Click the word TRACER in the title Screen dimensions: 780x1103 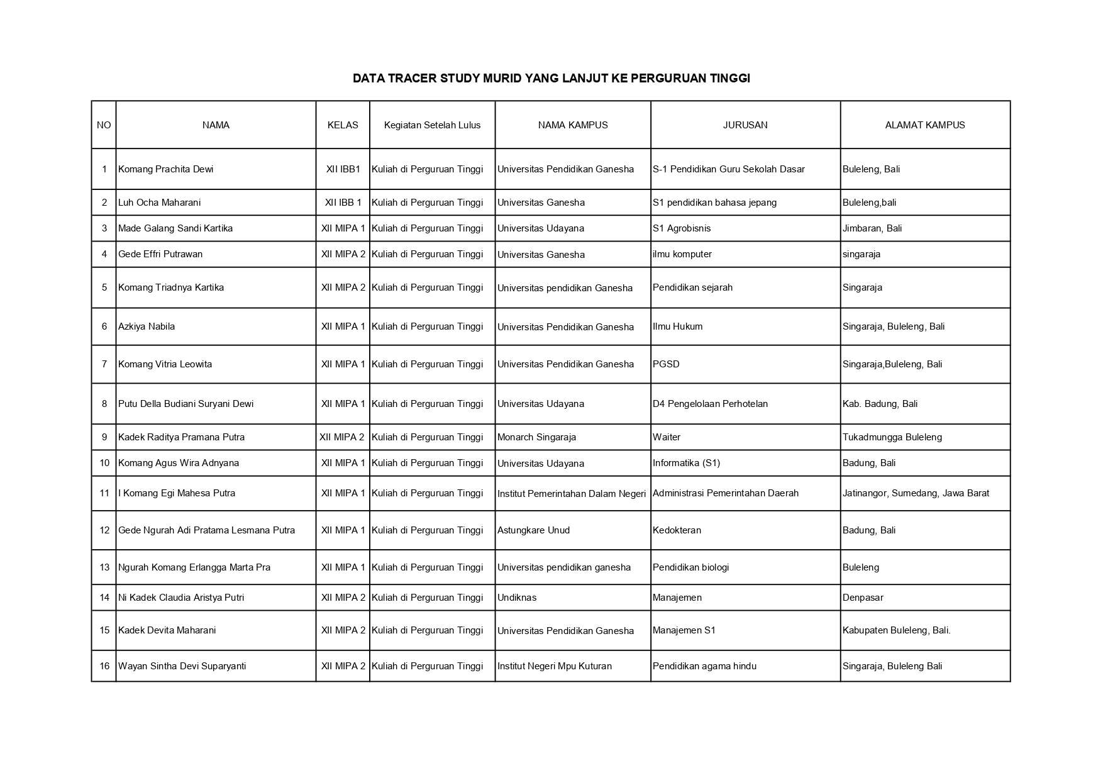414,79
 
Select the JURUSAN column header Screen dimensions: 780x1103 745,125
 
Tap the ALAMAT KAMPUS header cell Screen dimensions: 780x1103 924,125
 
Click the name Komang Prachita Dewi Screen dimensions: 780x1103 165,169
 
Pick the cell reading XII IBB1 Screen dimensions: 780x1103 343,169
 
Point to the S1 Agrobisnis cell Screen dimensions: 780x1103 682,228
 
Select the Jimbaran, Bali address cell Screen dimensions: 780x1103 872,228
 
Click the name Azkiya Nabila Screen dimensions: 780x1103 147,326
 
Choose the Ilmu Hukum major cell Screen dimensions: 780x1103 677,326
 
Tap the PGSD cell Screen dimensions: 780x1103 666,364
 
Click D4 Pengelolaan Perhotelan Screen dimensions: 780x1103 710,404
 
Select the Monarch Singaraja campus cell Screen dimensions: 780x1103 536,437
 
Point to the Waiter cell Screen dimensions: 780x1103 666,437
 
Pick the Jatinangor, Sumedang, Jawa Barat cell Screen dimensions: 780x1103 916,493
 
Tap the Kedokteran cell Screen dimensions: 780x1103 677,530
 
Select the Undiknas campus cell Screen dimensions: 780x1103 517,598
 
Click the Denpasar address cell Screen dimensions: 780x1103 863,598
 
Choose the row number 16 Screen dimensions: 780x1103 104,666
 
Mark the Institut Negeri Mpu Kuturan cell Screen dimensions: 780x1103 554,666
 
